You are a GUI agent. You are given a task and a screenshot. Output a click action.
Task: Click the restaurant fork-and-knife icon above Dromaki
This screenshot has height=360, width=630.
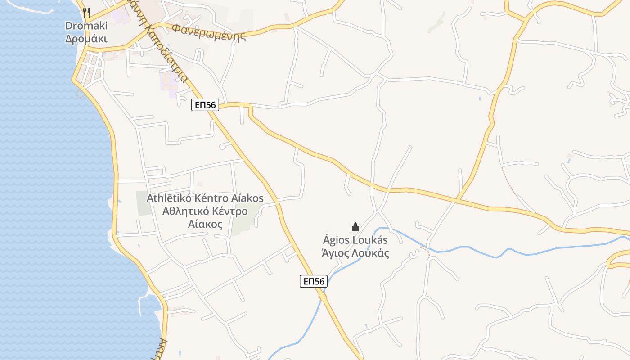(86, 12)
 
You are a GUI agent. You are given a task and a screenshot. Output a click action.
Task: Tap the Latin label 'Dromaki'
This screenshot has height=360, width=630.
(86, 26)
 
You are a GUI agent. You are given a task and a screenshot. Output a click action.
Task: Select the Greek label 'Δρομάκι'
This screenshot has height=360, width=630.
(86, 39)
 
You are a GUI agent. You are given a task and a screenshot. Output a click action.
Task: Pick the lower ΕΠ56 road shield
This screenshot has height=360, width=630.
(314, 281)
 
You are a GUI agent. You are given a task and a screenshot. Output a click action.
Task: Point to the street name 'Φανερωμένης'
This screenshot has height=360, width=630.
(209, 31)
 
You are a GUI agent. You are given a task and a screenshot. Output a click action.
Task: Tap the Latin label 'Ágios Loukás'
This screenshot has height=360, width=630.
(355, 240)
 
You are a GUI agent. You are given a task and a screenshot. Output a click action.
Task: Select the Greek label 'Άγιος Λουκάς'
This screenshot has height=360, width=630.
(355, 253)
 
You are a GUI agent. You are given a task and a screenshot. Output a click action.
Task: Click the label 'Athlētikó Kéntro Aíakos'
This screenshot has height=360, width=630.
(205, 198)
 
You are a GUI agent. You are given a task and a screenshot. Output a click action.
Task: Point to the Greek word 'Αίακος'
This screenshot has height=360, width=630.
(205, 224)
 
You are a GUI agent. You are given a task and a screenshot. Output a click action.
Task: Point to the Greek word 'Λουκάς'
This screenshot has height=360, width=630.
(372, 253)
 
